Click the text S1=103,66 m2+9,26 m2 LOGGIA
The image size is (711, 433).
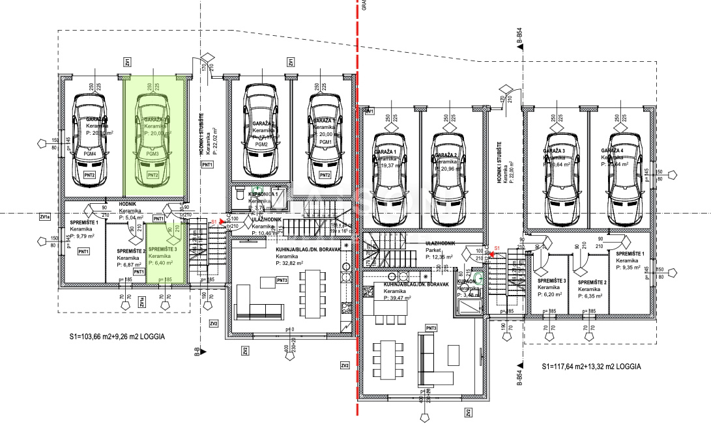point(117,338)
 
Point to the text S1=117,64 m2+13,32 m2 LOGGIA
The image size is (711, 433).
point(590,367)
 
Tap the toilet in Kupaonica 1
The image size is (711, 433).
point(239,195)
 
